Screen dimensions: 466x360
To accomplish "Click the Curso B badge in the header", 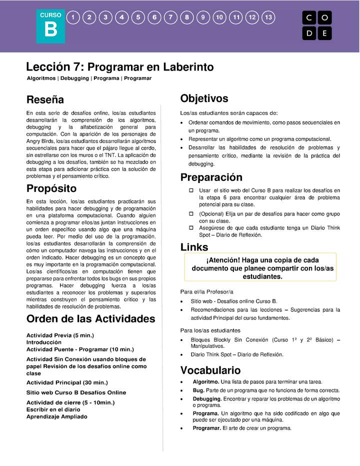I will [x=50, y=25].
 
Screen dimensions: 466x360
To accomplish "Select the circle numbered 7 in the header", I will [x=170, y=17].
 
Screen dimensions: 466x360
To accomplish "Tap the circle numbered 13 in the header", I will [x=268, y=17].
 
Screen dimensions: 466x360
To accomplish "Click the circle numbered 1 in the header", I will [x=73, y=17].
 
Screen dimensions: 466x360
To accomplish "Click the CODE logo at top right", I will [x=317, y=25].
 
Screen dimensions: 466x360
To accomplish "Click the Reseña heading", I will [x=45, y=99].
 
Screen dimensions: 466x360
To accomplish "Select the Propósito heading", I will [x=51, y=188].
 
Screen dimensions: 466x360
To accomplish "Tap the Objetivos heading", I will [x=204, y=98].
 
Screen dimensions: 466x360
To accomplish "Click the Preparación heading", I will [x=211, y=177].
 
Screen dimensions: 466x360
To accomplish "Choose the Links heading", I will [x=194, y=247].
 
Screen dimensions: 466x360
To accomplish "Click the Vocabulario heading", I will [x=210, y=370].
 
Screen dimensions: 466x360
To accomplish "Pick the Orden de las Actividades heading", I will [x=90, y=319].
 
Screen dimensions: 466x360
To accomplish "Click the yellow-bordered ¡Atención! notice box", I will [x=260, y=267].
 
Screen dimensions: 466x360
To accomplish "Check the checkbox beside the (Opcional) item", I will [x=191, y=213].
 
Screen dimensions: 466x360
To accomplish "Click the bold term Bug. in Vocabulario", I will [x=198, y=390].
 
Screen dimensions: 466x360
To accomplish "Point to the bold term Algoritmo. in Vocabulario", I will [x=205, y=381].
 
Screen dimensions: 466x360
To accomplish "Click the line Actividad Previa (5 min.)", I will [x=60, y=335].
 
